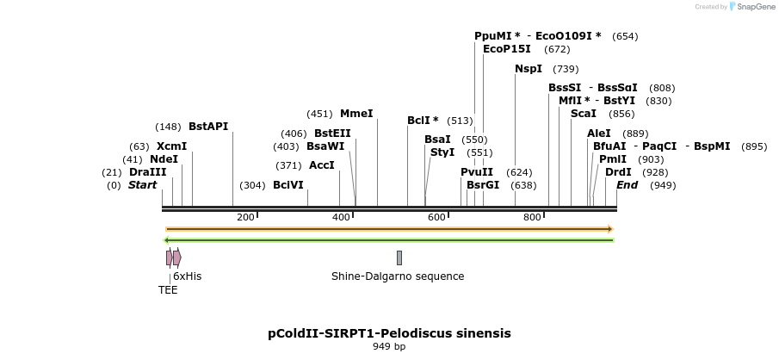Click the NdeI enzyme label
coord(164,159)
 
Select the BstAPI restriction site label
coord(208,127)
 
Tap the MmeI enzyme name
coord(356,113)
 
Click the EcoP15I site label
coord(507,49)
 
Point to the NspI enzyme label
coord(529,69)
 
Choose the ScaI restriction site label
coord(584,113)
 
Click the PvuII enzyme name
coord(477,171)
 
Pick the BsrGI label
coord(483,184)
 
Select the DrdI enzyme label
coord(618,172)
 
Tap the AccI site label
coord(321,165)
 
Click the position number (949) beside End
coord(663,185)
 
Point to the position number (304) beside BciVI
coord(252,185)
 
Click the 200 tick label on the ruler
coord(245,217)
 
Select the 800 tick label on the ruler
coord(532,217)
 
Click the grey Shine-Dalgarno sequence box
coord(399,258)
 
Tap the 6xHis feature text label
coord(187,276)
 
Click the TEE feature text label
coord(168,290)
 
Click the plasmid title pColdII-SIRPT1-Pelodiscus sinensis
coord(389,332)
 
